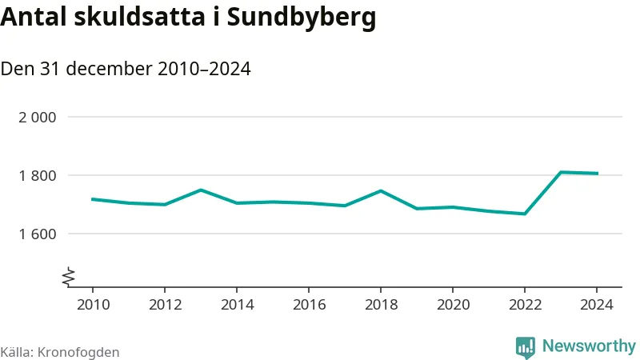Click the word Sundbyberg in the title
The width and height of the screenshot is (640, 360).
[302, 18]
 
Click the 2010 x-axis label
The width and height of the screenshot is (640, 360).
[92, 305]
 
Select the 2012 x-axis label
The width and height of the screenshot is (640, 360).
[164, 305]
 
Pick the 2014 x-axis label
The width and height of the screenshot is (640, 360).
[236, 305]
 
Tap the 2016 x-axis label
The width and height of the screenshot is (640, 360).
[308, 305]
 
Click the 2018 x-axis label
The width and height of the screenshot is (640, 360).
[380, 305]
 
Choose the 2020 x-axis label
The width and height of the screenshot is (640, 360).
[452, 305]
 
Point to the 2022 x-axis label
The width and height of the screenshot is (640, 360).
[524, 305]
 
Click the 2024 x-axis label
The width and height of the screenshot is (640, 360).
[596, 305]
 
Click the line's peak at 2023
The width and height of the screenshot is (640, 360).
[561, 172]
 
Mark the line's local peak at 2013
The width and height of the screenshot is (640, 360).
[200, 190]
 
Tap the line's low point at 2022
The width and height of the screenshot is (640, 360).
[524, 214]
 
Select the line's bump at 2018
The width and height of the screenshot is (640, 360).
[380, 190]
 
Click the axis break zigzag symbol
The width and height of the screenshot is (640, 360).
[70, 276]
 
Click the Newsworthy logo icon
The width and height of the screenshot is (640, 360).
[526, 346]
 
